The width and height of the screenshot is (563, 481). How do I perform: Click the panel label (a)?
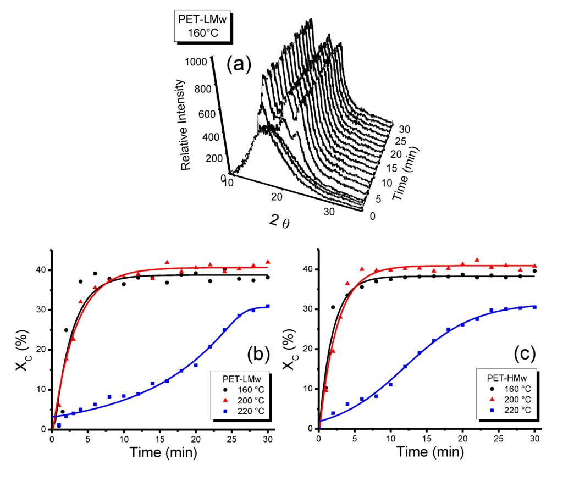coord(238,64)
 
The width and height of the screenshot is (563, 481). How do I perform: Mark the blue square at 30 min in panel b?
coord(268,306)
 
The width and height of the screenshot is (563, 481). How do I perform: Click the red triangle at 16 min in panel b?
coord(167,262)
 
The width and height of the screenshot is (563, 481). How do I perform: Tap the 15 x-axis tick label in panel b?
coord(159,439)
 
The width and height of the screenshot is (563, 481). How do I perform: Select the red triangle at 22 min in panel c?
coord(477,259)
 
